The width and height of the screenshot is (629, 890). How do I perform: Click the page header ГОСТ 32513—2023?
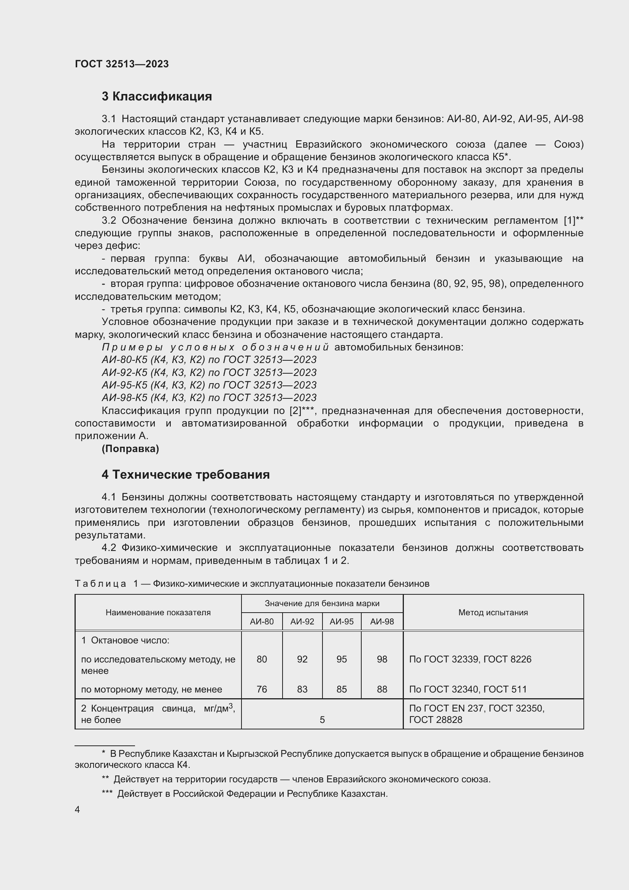click(x=122, y=64)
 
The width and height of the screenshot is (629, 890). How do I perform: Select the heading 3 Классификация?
click(x=157, y=96)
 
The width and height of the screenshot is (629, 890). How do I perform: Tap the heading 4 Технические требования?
click(x=186, y=474)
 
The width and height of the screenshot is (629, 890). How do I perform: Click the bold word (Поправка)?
click(x=130, y=449)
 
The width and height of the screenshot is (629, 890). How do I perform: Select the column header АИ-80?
click(x=261, y=621)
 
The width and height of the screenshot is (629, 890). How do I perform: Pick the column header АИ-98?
click(x=381, y=621)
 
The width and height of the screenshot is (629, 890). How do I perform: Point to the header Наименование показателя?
click(x=158, y=613)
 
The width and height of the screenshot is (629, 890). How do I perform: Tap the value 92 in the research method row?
click(x=302, y=659)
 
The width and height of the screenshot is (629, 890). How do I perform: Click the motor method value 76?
click(x=261, y=689)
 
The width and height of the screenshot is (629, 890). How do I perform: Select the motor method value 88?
click(x=381, y=689)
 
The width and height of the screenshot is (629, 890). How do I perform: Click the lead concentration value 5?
click(x=322, y=720)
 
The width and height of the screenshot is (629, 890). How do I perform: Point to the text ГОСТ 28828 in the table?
click(x=435, y=720)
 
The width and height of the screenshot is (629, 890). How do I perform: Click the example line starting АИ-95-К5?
click(x=209, y=385)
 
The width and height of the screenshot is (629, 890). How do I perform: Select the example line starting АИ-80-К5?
click(x=209, y=360)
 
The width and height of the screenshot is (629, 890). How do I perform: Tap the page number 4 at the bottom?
click(x=77, y=809)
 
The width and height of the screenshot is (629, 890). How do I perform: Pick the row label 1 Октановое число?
click(x=125, y=640)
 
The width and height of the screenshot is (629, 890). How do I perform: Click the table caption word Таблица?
click(x=100, y=584)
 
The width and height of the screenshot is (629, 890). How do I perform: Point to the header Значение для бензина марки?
click(x=322, y=603)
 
